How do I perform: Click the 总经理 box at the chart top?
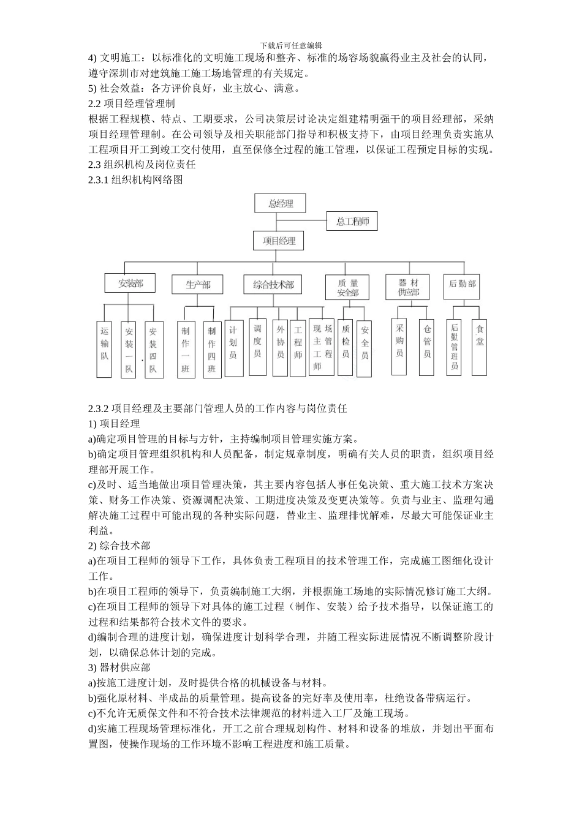(281, 203)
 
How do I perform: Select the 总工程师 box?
(352, 221)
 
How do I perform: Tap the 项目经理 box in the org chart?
(279, 241)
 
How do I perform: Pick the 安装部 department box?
(130, 284)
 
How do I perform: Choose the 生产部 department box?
(198, 285)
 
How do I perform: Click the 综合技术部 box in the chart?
(273, 285)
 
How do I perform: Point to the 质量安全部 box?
(347, 288)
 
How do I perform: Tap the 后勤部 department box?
(462, 284)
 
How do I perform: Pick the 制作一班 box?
(186, 349)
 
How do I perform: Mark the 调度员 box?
(257, 347)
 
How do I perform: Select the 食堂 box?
(480, 347)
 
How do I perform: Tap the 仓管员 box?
(427, 347)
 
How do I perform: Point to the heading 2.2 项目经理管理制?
(132, 103)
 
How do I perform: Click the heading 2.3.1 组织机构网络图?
(135, 179)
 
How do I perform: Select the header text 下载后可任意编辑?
(291, 45)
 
